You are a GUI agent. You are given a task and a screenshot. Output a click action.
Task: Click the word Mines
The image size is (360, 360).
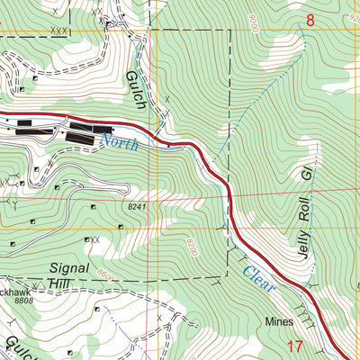(x=280, y=320)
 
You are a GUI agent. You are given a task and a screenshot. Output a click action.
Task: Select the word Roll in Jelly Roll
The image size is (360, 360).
(x=309, y=204)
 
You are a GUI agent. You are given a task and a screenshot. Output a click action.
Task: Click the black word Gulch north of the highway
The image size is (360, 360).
(x=135, y=91)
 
